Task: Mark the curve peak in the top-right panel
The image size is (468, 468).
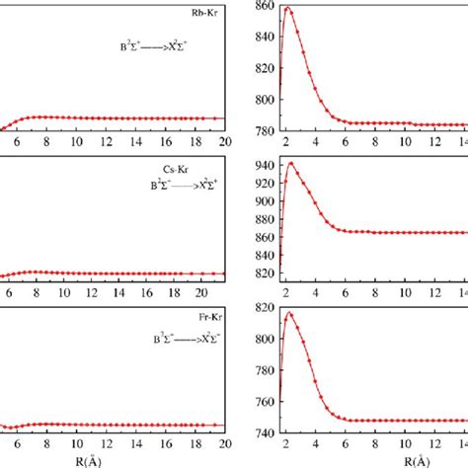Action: tap(287, 9)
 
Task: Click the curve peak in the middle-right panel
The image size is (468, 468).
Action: tap(290, 163)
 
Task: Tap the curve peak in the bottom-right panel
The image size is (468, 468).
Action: tap(289, 314)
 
